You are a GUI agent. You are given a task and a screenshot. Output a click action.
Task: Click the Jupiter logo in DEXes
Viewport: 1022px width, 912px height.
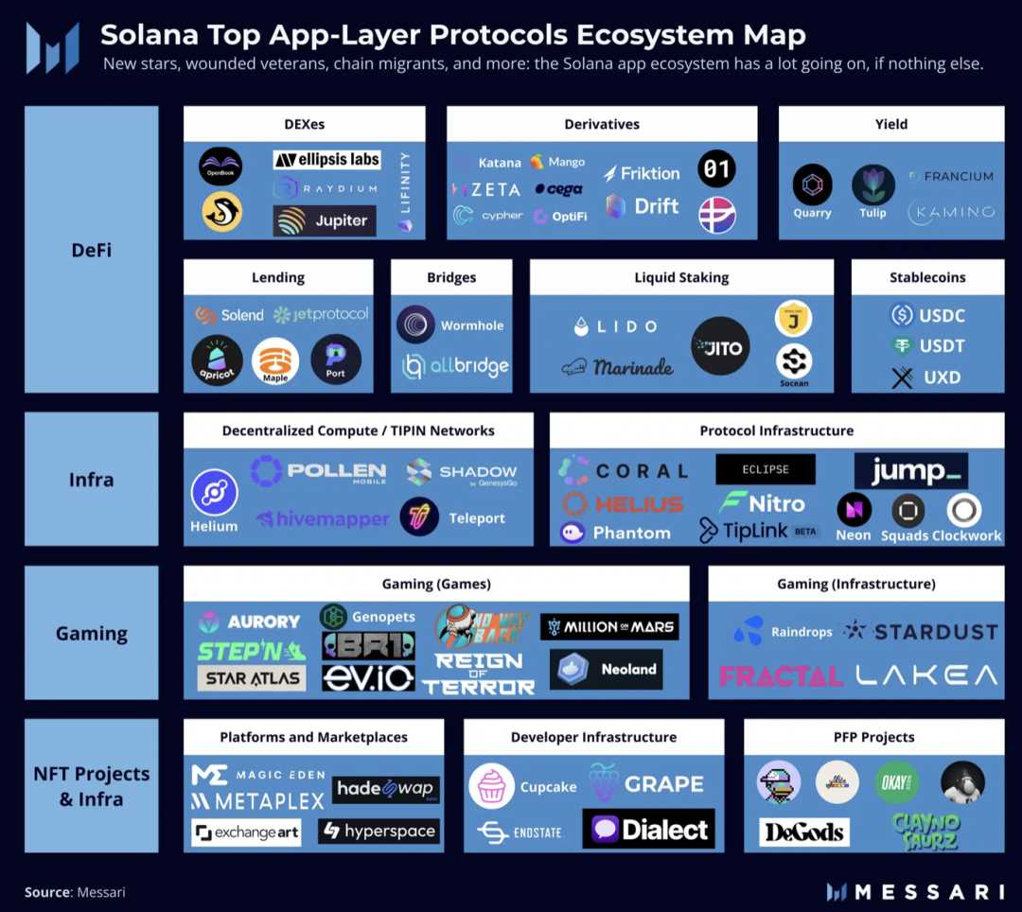pos(326,220)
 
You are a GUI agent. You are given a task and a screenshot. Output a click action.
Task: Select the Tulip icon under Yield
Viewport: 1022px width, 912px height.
pos(872,185)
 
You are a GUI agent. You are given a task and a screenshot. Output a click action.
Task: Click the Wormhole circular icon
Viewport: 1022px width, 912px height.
pos(415,324)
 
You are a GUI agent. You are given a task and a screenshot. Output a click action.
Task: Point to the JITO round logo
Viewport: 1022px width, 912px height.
pos(720,347)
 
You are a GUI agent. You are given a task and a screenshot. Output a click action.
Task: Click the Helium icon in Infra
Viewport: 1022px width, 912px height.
pos(214,493)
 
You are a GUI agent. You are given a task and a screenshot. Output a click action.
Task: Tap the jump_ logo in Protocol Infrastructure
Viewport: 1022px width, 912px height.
pos(910,469)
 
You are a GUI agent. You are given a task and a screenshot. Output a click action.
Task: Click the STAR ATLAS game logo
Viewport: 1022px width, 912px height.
pos(253,677)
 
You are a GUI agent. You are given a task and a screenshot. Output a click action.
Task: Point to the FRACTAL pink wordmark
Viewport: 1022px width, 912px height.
pos(781,675)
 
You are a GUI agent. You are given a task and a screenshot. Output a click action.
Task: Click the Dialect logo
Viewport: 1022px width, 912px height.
pos(649,830)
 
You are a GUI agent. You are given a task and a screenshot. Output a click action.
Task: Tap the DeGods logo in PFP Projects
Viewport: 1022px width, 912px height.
pos(803,832)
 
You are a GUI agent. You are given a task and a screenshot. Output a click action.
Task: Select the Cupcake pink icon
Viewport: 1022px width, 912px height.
pos(492,786)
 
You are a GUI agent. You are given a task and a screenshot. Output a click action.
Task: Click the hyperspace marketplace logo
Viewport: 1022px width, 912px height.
pos(379,831)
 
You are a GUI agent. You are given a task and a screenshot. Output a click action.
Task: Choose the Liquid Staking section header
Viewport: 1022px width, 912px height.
pos(681,277)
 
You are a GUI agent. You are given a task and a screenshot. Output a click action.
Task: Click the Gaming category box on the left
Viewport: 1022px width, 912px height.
pos(91,633)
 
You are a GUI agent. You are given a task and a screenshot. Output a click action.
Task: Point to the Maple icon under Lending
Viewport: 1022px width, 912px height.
pos(275,360)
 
